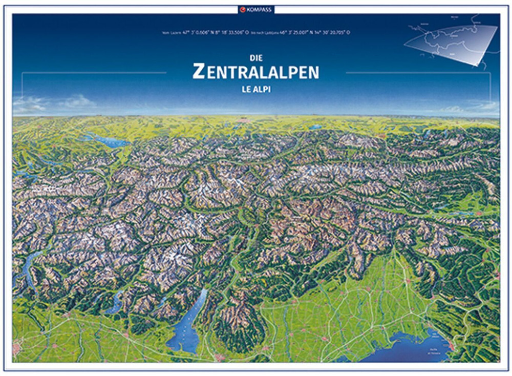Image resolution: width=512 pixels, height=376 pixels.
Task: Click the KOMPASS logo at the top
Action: coord(255,9)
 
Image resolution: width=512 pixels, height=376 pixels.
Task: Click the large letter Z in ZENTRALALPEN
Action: coord(199,72)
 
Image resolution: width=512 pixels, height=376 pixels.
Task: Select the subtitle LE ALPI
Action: coord(255,88)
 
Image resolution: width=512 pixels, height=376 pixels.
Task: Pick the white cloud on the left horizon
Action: coord(31,105)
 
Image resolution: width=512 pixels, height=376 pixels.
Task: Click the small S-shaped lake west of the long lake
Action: coord(116,302)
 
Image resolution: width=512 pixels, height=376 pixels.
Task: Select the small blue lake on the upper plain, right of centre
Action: coord(315,127)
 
